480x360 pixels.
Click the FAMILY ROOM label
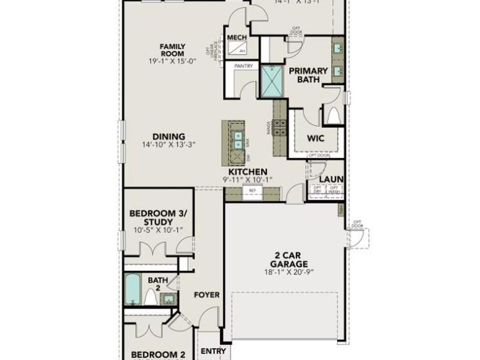point(172,50)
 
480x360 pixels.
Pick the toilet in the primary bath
point(334,114)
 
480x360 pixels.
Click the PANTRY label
point(243,65)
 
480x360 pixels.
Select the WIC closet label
point(316,138)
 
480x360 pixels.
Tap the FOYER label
point(206,295)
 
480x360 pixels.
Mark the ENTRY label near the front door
point(213,351)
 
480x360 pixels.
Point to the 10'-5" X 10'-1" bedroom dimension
point(158,231)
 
